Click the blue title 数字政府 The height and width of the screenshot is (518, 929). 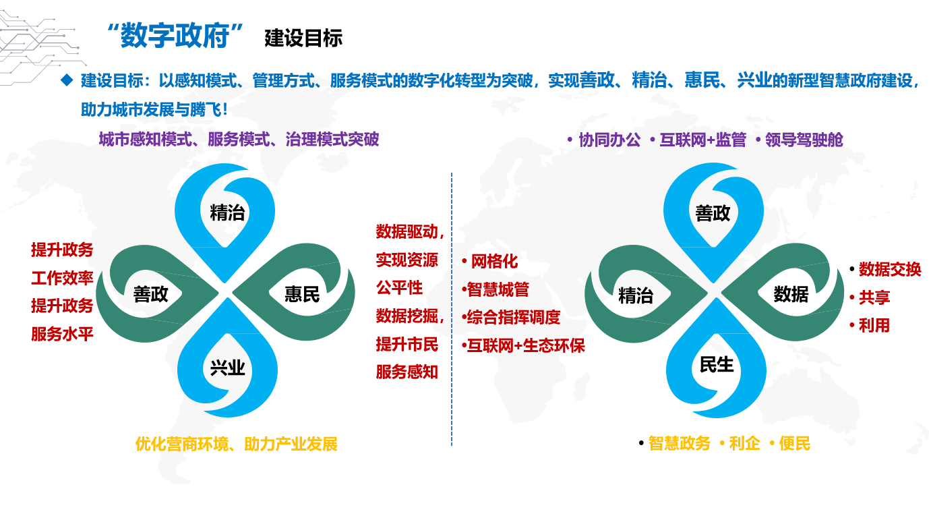click(175, 36)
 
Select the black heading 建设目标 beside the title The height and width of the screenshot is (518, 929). click(303, 38)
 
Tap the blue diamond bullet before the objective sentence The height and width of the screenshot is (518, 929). click(67, 80)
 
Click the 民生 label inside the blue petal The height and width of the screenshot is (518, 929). click(716, 365)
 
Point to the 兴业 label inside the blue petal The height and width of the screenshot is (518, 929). click(227, 368)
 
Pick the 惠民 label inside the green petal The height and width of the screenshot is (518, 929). click(302, 294)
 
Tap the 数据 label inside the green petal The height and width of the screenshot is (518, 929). click(791, 294)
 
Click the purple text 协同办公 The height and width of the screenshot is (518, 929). click(609, 140)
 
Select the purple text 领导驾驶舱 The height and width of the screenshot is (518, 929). click(804, 140)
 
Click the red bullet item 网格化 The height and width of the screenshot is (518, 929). click(494, 262)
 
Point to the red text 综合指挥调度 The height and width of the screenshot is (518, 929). click(514, 318)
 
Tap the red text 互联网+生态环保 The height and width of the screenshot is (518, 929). click(526, 346)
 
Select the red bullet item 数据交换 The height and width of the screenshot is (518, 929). click(890, 269)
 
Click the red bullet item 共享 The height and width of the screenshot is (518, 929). click(874, 297)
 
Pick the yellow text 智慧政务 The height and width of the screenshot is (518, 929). click(680, 444)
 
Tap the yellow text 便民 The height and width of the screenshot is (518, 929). click(795, 444)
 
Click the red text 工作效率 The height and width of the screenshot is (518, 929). click(62, 278)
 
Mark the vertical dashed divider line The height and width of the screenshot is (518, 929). click(452, 309)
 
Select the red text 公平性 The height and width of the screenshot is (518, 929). click(399, 287)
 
